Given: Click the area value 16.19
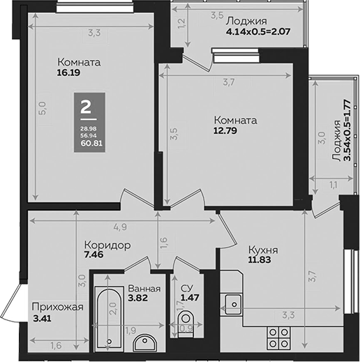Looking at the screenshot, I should pos(70,71).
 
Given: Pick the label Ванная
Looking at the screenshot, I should pos(144,289).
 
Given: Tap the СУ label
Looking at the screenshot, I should pos(186,289).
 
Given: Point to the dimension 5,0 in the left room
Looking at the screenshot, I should pos(43,107).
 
